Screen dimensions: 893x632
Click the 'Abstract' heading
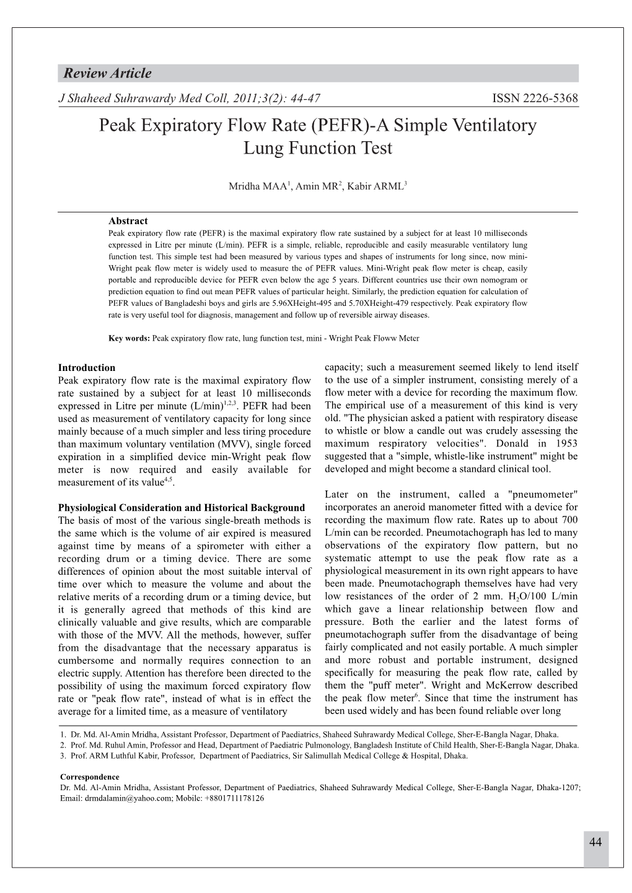coord(128,220)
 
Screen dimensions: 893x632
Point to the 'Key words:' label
coord(129,339)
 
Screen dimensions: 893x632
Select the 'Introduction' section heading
coord(86,367)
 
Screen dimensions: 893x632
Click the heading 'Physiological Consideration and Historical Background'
coord(181,508)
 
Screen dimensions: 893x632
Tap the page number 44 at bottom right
coord(596,842)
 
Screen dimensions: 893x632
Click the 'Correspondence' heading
coord(89,777)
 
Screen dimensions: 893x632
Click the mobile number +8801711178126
coord(233,798)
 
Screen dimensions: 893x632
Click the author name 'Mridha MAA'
coord(258,186)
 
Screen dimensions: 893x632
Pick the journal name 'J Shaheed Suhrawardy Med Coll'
coord(143,98)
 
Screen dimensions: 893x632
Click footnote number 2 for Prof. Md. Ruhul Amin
coord(63,746)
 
